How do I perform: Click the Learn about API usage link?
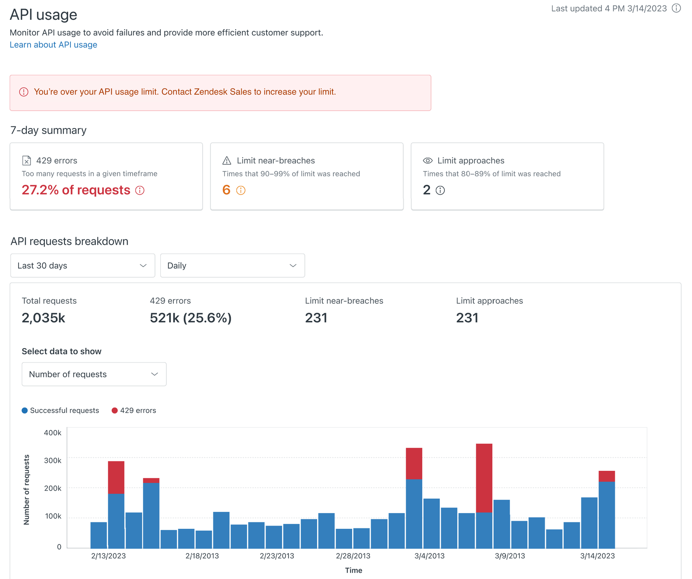pos(53,45)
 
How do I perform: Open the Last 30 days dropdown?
pos(82,265)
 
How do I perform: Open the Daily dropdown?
pos(232,265)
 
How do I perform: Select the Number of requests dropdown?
pos(94,374)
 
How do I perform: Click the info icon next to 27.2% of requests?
pos(140,191)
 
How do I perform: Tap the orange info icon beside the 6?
pos(241,191)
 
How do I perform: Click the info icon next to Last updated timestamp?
pos(676,8)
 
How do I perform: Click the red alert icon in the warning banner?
pos(24,92)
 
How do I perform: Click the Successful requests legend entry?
pos(61,410)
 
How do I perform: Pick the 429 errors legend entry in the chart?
pos(134,410)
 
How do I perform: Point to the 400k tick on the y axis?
pos(53,433)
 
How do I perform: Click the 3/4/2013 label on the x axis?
pos(429,556)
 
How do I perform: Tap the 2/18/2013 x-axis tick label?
pos(202,556)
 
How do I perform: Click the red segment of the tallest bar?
pos(484,477)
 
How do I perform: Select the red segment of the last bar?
pos(606,476)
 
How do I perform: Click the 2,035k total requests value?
pos(43,318)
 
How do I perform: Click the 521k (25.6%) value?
pos(190,318)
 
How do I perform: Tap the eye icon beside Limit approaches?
pos(428,160)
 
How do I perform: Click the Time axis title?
pos(353,570)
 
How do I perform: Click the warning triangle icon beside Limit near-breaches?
pos(227,160)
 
